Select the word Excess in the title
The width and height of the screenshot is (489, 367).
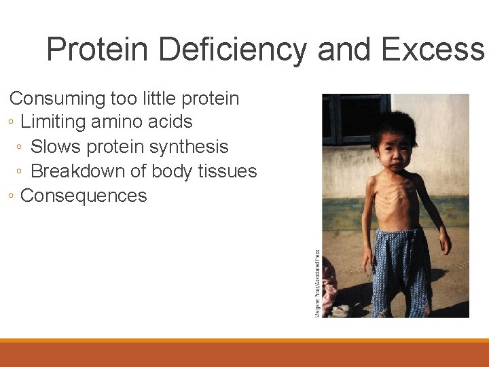(x=433, y=50)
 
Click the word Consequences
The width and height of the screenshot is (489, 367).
(x=84, y=196)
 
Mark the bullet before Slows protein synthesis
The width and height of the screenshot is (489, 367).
(x=21, y=147)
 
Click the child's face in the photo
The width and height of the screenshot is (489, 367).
(x=394, y=153)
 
